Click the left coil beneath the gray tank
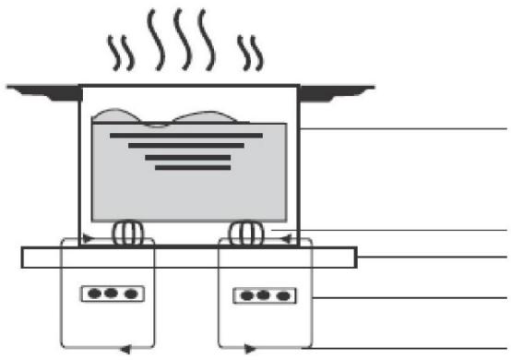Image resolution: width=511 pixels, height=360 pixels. [x=126, y=233]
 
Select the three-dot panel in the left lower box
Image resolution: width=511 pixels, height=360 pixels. [x=109, y=294]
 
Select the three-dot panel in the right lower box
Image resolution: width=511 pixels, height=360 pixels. [x=262, y=296]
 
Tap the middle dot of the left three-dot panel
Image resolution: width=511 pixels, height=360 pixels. [x=109, y=294]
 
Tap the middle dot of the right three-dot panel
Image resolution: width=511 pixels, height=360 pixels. [x=262, y=296]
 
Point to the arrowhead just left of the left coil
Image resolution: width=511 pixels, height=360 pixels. [x=88, y=239]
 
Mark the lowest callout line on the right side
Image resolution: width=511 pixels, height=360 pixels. [x=406, y=347]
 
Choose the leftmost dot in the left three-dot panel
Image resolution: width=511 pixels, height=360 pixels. [x=93, y=294]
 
